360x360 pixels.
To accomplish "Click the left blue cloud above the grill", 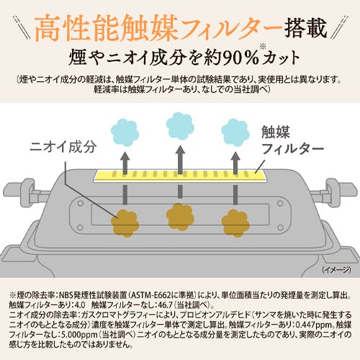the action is [125, 132].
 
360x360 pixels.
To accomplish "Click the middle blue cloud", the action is [180, 126].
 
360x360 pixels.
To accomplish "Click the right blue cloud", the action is [235, 132].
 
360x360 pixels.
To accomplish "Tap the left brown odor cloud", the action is [125, 223].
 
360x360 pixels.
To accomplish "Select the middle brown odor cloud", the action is [180, 217].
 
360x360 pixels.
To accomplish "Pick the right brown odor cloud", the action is [235, 223].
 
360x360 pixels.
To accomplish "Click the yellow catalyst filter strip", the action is [180, 175].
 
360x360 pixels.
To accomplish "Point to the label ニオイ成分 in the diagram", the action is [63, 147].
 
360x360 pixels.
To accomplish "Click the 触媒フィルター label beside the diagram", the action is [292, 140].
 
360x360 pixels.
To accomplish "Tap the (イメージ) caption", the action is [337, 270].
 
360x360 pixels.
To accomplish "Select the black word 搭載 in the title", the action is [305, 28].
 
